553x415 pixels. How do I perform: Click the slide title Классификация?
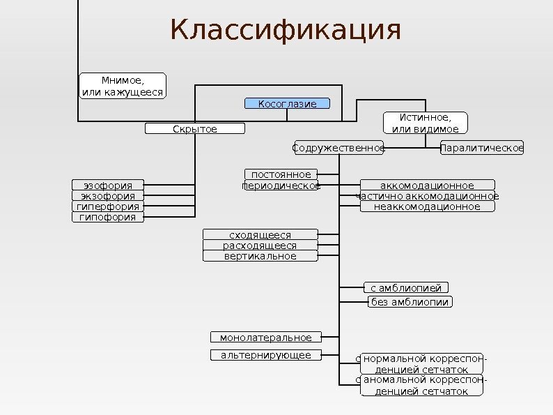(x=286, y=31)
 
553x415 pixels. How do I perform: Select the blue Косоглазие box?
(x=287, y=104)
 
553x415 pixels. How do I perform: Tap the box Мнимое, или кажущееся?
(x=123, y=86)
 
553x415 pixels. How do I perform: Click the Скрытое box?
(x=195, y=129)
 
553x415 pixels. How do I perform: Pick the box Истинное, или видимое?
(x=426, y=123)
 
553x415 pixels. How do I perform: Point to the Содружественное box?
(x=338, y=148)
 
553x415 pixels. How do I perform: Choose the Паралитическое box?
(x=482, y=148)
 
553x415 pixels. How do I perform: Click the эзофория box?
(x=108, y=186)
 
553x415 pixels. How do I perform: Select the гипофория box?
(x=108, y=218)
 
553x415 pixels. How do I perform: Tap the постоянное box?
(x=281, y=174)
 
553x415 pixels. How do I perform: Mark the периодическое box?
(x=281, y=186)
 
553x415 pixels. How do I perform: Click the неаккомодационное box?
(x=427, y=206)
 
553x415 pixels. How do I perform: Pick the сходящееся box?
(x=260, y=235)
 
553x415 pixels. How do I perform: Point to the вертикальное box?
(x=260, y=256)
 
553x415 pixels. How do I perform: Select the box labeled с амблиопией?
(x=406, y=287)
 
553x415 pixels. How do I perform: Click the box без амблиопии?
(x=410, y=302)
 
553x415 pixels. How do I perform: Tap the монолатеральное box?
(x=266, y=338)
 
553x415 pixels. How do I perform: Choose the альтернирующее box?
(x=266, y=356)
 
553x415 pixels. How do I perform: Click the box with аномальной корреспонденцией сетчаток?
(x=421, y=386)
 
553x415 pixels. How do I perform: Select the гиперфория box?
(x=108, y=207)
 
